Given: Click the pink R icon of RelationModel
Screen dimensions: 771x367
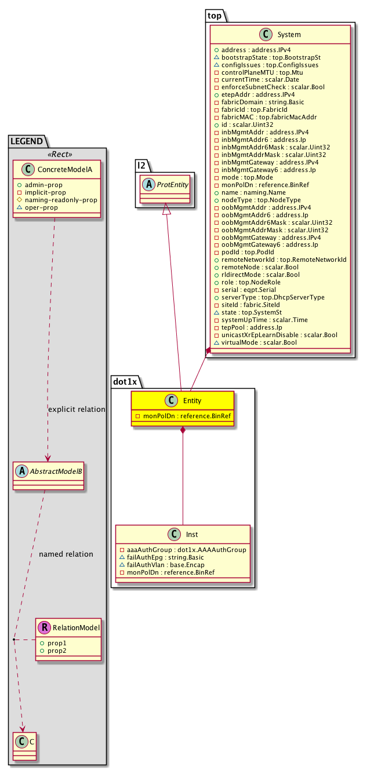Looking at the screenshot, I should [x=45, y=627].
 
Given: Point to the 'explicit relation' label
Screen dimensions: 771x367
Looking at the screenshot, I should [x=77, y=410].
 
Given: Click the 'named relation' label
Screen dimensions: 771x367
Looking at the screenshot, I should [x=66, y=554].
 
